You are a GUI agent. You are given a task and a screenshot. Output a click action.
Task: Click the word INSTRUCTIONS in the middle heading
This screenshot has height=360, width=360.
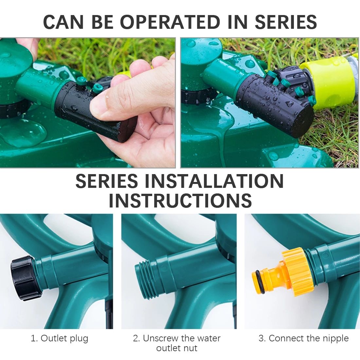(x=180, y=200)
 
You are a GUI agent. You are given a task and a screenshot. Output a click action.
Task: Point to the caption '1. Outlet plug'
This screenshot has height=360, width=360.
(x=60, y=339)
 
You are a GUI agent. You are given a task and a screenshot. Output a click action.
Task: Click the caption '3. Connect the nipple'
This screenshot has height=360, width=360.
(x=303, y=338)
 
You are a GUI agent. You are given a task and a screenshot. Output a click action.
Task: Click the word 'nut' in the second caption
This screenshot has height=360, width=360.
(x=190, y=348)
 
